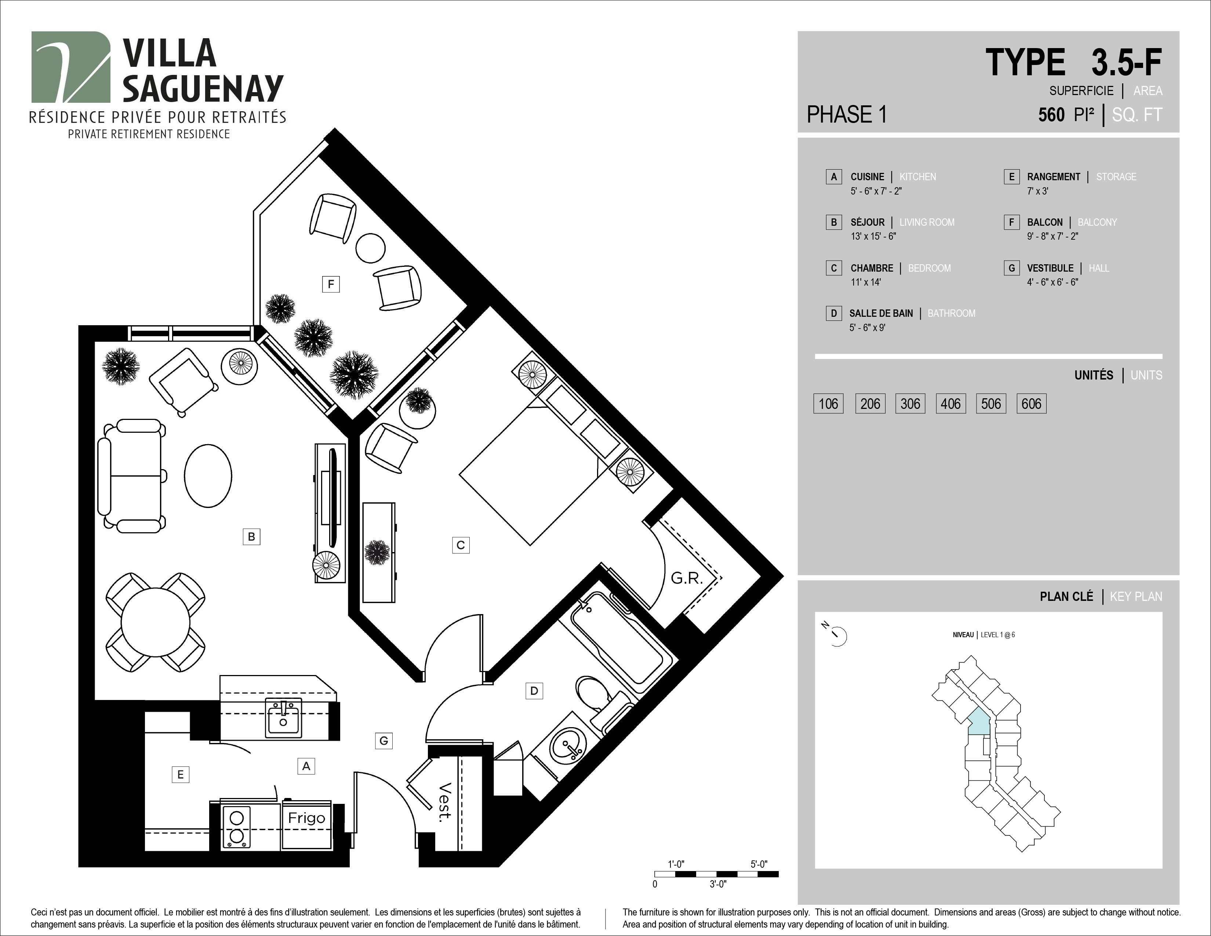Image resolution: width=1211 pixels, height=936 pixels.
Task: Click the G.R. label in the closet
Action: click(687, 578)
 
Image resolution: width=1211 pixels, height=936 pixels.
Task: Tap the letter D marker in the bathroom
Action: click(534, 691)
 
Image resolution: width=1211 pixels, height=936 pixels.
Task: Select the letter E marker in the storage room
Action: click(180, 774)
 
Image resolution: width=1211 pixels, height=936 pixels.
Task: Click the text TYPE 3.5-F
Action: click(1073, 63)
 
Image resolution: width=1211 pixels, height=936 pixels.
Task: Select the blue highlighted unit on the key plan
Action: click(979, 722)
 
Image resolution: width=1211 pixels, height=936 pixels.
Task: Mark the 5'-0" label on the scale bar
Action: click(759, 864)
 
